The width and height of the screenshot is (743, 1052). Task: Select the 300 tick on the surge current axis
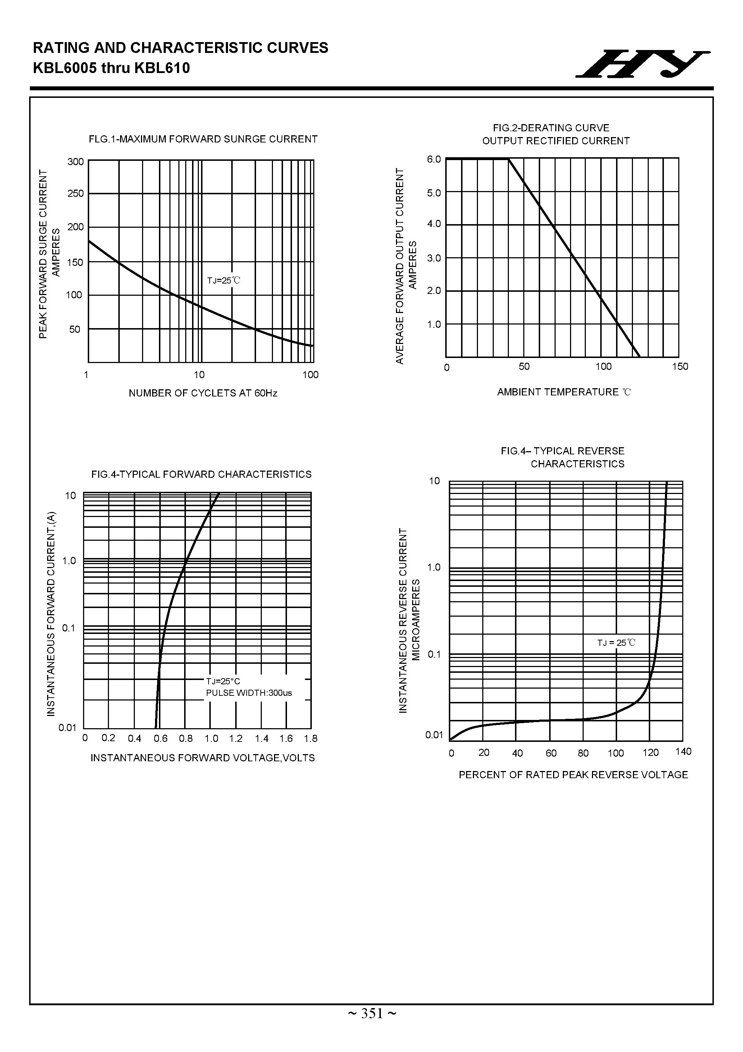76,162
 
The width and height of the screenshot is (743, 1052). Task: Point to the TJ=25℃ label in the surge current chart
224,280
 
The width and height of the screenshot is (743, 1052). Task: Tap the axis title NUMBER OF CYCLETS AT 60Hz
203,393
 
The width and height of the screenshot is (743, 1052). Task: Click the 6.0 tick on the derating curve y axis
434,159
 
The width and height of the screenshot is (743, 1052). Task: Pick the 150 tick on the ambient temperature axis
680,367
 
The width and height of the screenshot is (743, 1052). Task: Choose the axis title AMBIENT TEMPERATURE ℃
564,392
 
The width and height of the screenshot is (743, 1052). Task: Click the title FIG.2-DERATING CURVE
551,128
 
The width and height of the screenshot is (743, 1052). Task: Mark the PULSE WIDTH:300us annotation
249,693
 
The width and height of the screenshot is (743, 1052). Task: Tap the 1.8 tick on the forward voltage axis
311,739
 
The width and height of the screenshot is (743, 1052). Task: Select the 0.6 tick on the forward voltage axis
160,739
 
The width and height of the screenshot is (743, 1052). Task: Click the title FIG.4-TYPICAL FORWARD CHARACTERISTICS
201,474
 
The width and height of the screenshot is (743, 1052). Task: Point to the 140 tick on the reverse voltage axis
683,752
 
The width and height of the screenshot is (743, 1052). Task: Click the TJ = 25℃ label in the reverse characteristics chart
616,643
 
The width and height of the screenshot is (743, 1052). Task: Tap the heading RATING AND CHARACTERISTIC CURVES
181,48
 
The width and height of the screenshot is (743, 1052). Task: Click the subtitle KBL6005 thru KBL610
111,68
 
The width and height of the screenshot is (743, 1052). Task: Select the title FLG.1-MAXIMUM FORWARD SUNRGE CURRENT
203,139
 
